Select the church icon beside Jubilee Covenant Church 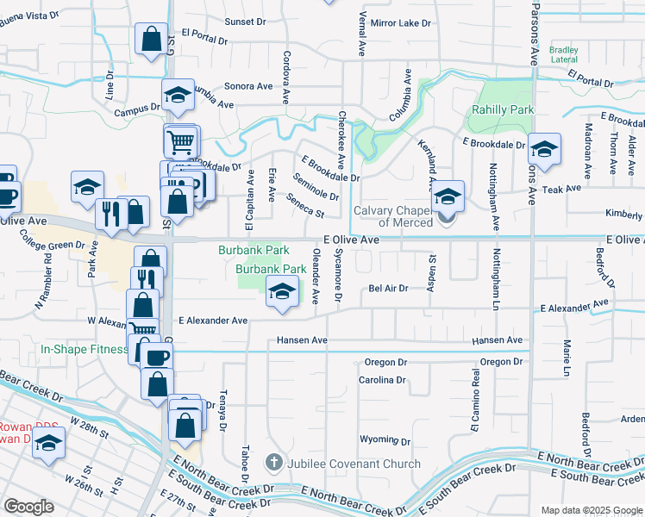coord(274,464)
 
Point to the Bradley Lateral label coord(563,54)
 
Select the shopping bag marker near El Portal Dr coord(152,40)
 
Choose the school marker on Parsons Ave coord(544,148)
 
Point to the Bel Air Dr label coord(388,289)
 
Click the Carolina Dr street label coord(383,380)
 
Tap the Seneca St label coord(305,209)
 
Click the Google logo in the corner coord(28,507)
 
